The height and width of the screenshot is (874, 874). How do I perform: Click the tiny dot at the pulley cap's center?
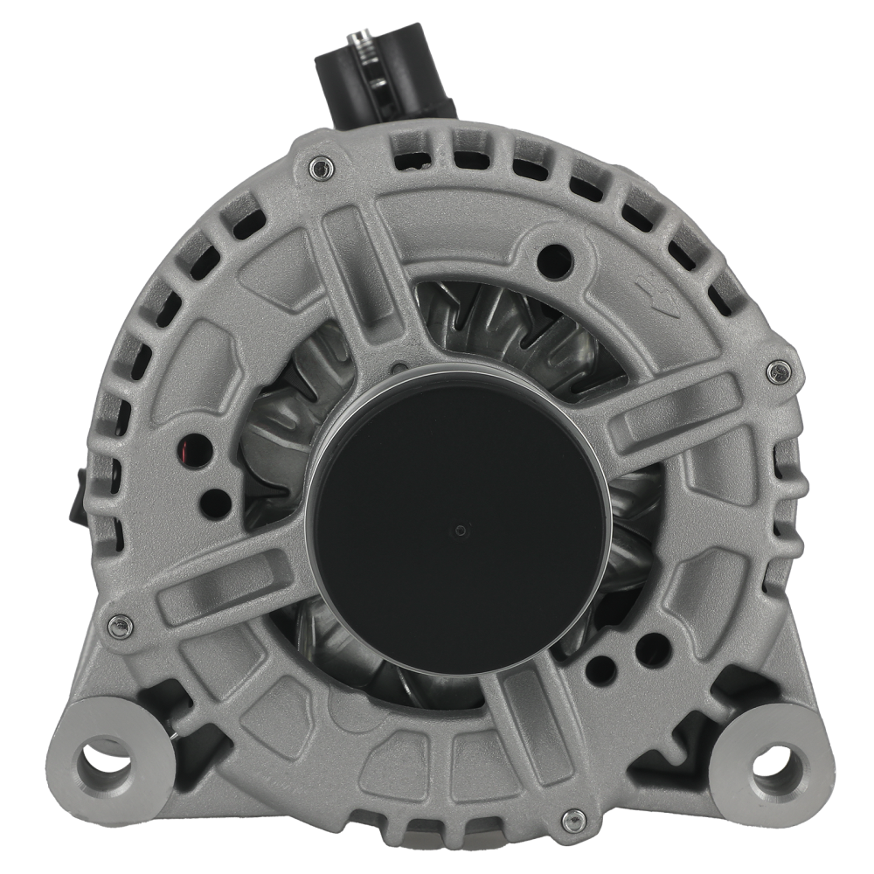(x=461, y=529)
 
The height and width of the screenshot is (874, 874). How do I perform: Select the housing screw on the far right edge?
(x=776, y=371)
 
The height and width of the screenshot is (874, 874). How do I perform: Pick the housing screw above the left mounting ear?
(x=120, y=625)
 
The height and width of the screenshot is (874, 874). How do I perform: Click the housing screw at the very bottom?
(x=573, y=819)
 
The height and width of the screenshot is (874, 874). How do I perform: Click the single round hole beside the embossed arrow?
(x=555, y=258)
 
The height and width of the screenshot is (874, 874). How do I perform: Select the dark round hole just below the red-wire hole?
(x=212, y=503)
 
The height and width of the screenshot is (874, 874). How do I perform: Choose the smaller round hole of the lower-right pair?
(x=600, y=669)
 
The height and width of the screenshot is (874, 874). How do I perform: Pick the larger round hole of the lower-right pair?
(x=652, y=649)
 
